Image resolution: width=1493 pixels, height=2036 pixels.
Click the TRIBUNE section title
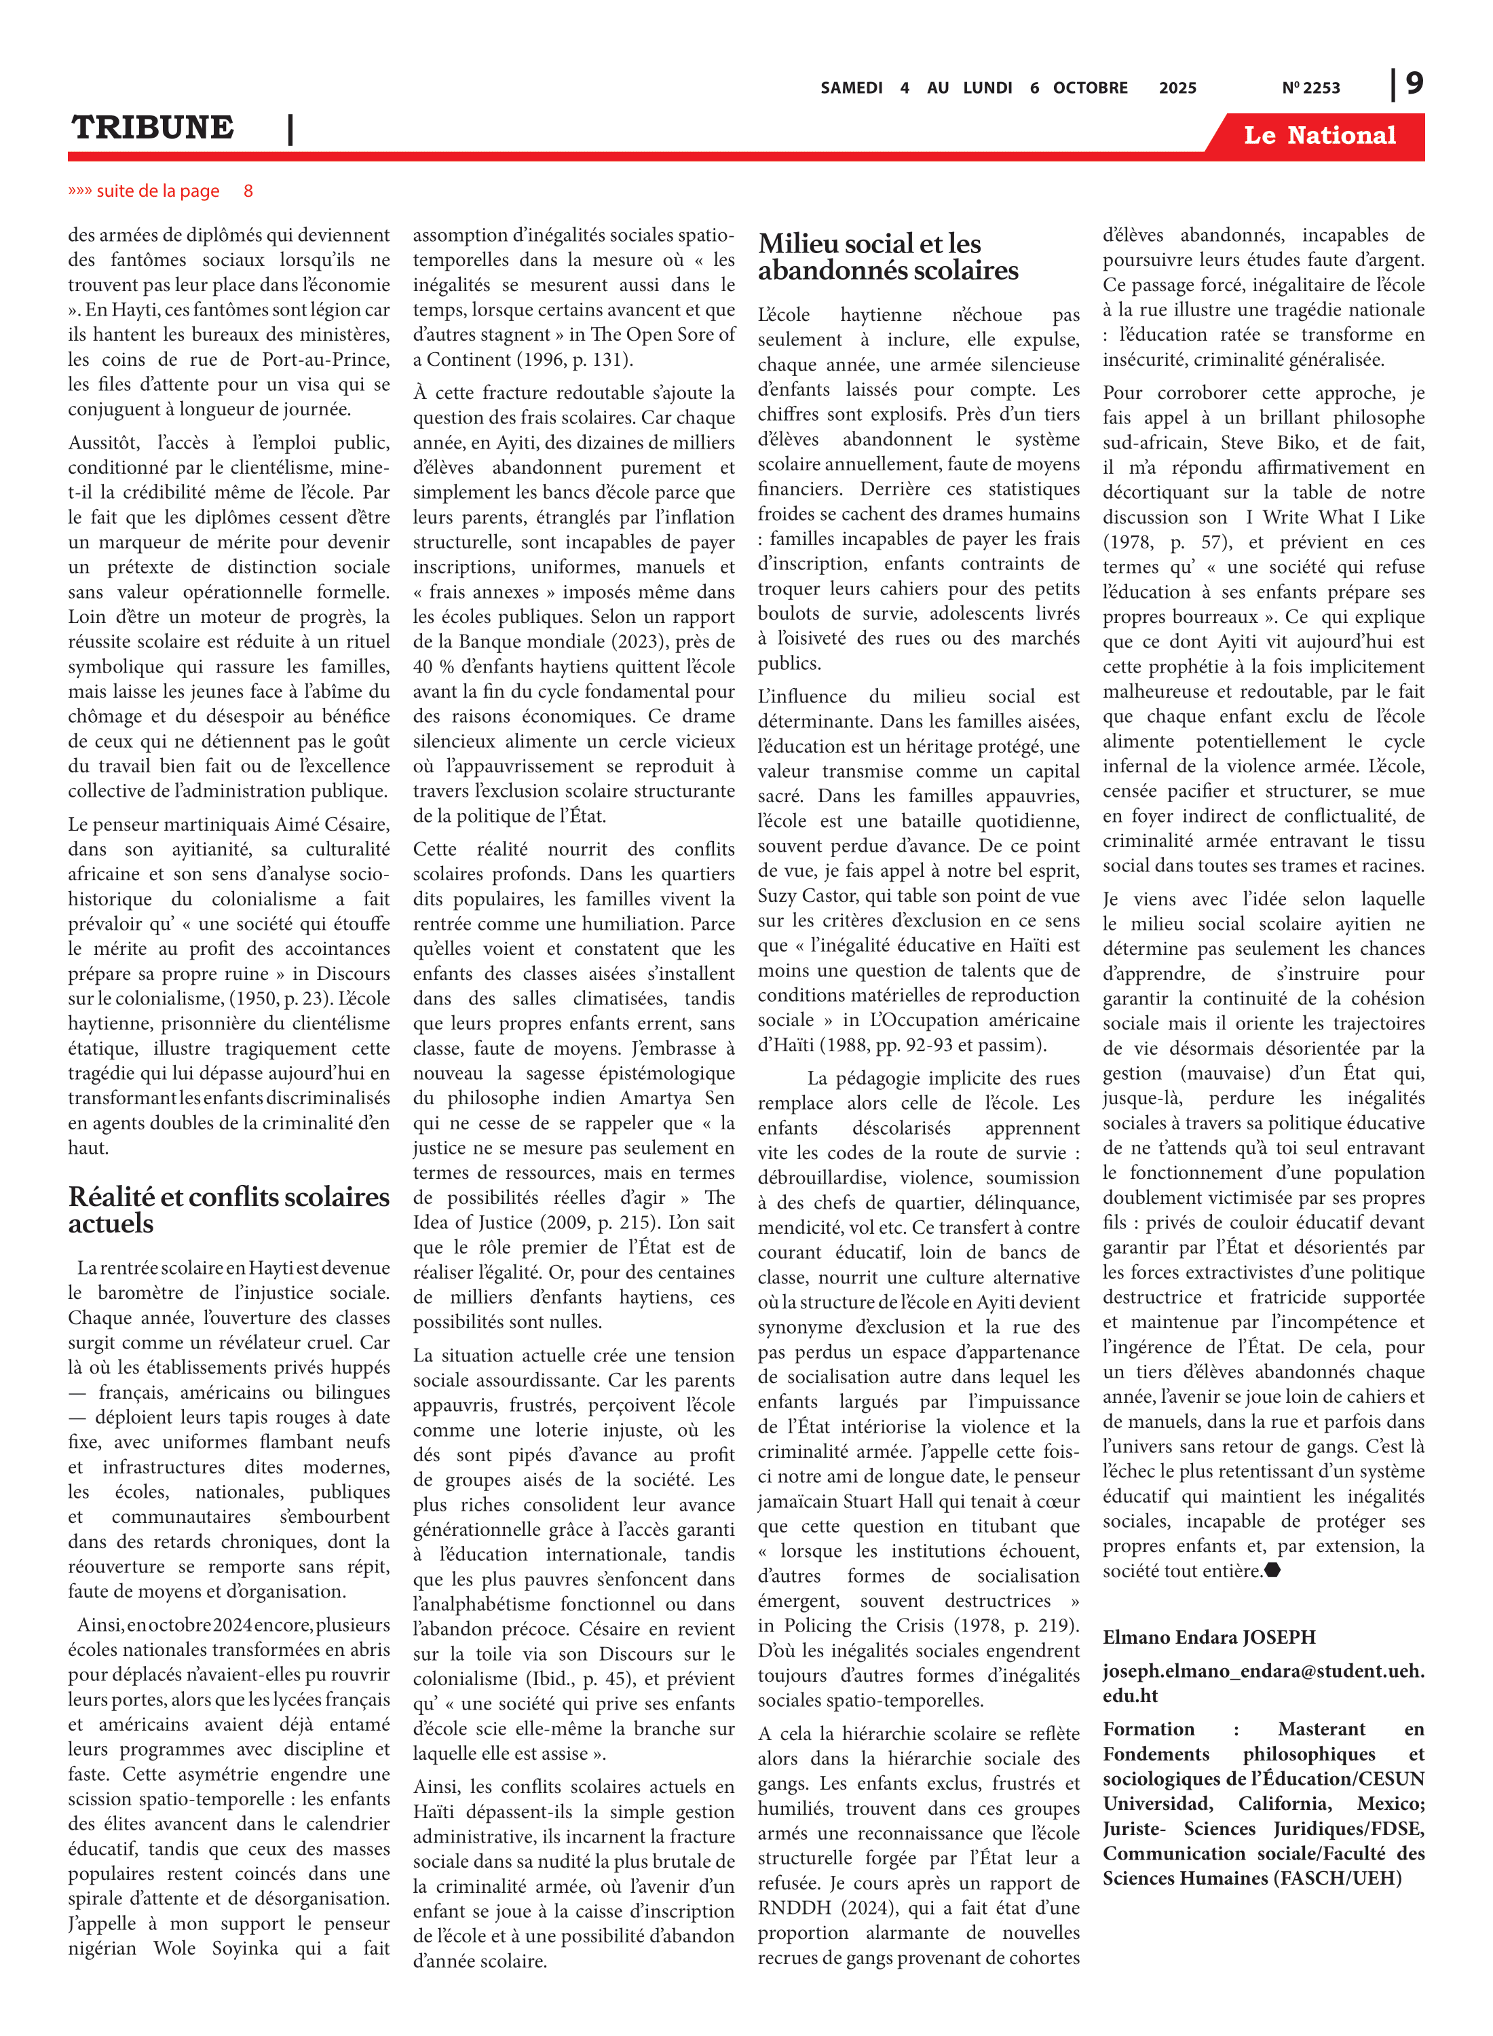pyautogui.click(x=152, y=128)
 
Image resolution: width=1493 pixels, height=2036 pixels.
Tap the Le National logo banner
pyautogui.click(x=1319, y=136)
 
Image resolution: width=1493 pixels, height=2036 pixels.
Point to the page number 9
pyautogui.click(x=1414, y=83)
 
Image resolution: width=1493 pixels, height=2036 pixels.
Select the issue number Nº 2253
pyautogui.click(x=1310, y=88)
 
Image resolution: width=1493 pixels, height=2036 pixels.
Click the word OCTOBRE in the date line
pyautogui.click(x=1090, y=88)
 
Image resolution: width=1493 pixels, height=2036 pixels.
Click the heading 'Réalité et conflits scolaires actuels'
pyautogui.click(x=229, y=1209)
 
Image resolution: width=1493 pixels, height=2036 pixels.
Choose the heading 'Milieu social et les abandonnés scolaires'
pyautogui.click(x=888, y=257)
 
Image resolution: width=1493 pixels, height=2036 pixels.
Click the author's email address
pyautogui.click(x=1262, y=1682)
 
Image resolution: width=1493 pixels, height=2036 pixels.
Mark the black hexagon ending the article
pyautogui.click(x=1272, y=1570)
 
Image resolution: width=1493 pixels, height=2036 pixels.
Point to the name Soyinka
pyautogui.click(x=245, y=1948)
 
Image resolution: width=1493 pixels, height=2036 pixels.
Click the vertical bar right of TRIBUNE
pyautogui.click(x=290, y=128)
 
